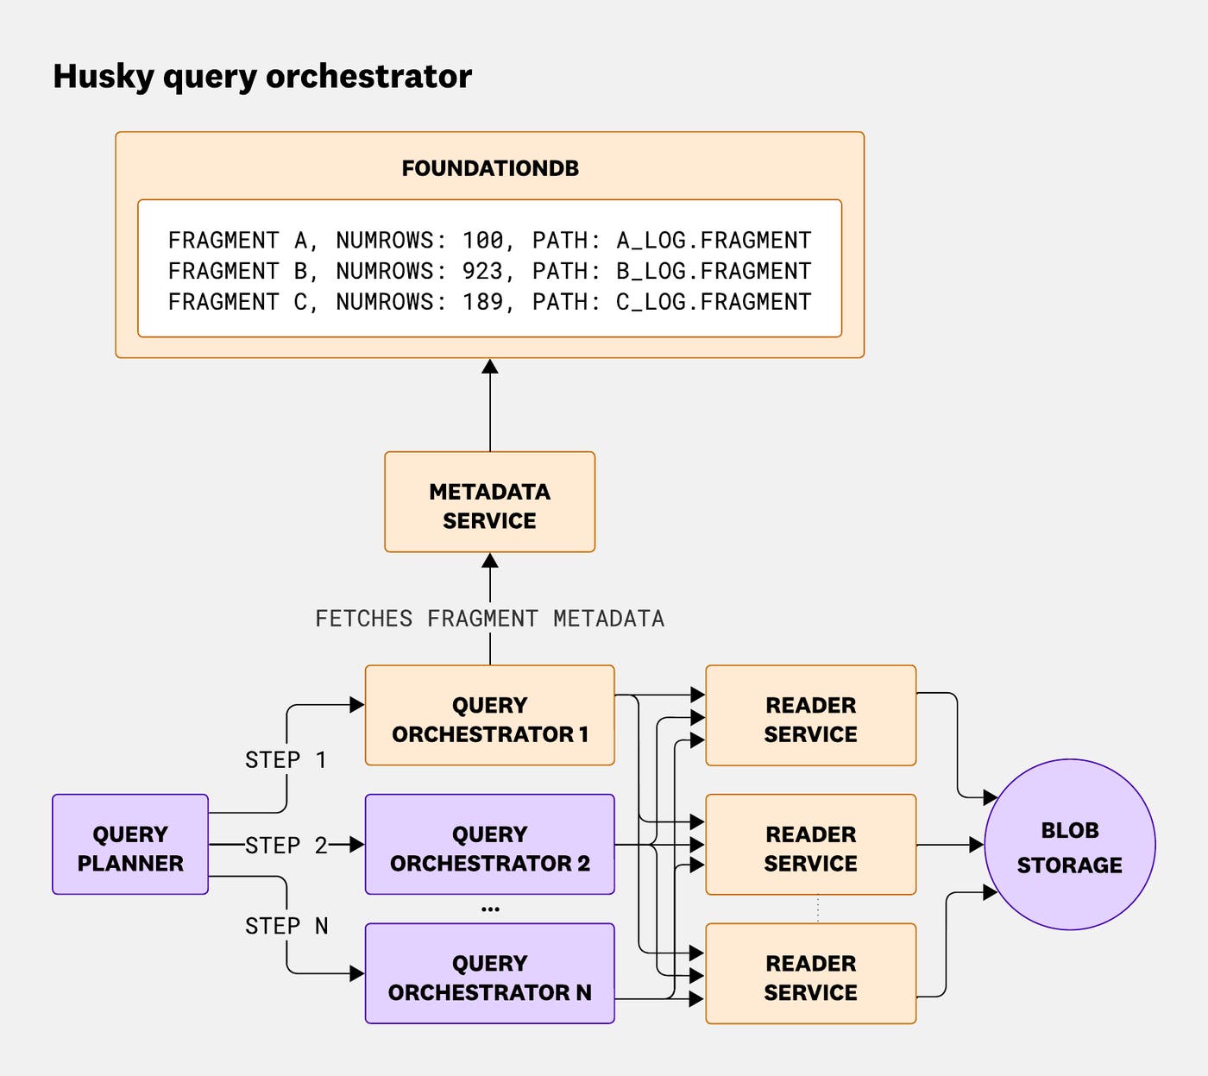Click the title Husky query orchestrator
[x=262, y=76]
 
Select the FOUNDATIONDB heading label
[x=490, y=168]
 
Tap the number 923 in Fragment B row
[x=481, y=271]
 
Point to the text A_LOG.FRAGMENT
[x=714, y=240]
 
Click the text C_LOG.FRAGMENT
[x=714, y=302]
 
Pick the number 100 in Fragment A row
[x=481, y=240]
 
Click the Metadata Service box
[x=489, y=502]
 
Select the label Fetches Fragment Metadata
[x=489, y=619]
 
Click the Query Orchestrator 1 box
[x=489, y=715]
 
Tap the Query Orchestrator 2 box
[x=489, y=845]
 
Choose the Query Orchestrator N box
[x=489, y=974]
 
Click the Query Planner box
[x=130, y=845]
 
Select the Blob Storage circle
[x=1069, y=845]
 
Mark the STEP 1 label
[x=286, y=760]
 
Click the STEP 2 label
[x=286, y=846]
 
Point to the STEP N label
[x=286, y=926]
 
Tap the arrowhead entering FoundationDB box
[x=490, y=367]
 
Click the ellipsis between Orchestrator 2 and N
[x=490, y=909]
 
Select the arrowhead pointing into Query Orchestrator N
[x=357, y=974]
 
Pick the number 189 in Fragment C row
[x=481, y=302]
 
